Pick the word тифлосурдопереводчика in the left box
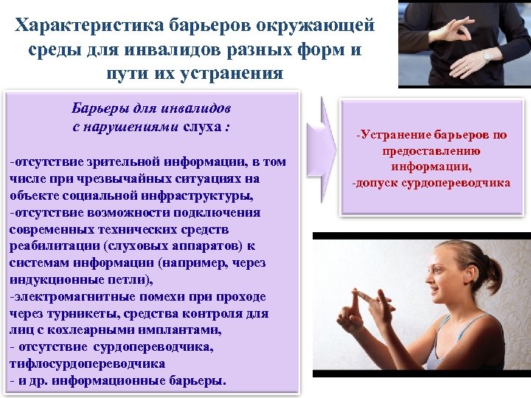pyautogui.click(x=86, y=364)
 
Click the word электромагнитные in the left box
pyautogui.click(x=67, y=297)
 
